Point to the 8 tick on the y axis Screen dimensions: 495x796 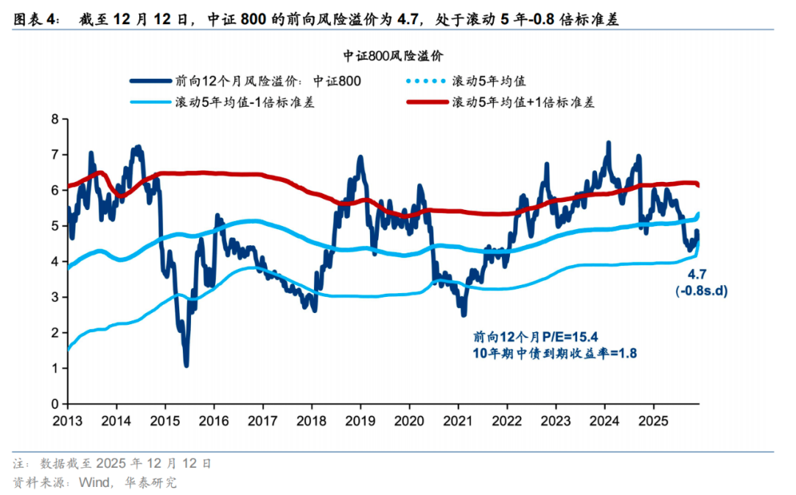55,119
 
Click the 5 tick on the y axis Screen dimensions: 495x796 55,225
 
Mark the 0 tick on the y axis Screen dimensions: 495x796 55,404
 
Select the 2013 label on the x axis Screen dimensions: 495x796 67,420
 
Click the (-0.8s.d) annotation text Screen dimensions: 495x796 701,291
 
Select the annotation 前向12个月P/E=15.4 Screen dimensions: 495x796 525,337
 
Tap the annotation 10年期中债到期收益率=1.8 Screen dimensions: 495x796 554,354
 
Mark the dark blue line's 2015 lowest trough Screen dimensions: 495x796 186,365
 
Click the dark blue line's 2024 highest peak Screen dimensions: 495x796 608,143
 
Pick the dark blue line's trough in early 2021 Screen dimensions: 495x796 463,315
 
